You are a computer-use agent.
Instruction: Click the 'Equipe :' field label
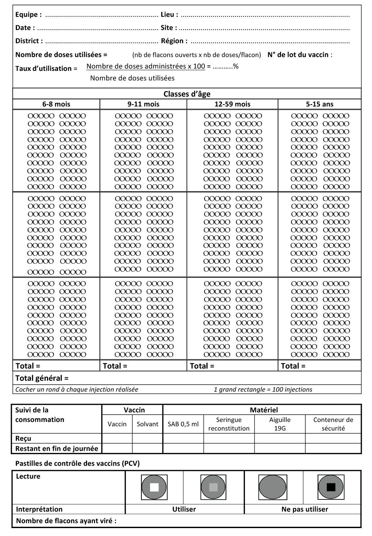(28, 15)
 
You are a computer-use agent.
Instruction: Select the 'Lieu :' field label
(169, 15)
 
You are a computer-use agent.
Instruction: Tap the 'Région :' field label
(174, 41)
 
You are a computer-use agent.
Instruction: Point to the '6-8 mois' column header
(56, 104)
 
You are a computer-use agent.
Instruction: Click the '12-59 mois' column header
(232, 104)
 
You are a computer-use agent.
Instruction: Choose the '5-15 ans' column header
(319, 104)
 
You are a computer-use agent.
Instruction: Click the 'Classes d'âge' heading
(187, 94)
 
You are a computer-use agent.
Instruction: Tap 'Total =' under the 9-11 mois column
(115, 366)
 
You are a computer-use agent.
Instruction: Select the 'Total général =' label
(42, 378)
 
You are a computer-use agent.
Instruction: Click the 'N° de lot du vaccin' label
(298, 55)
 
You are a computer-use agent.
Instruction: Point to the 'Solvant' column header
(147, 424)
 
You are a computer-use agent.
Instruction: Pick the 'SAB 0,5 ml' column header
(183, 424)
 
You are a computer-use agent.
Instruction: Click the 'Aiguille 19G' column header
(280, 424)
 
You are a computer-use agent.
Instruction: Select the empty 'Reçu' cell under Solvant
(147, 438)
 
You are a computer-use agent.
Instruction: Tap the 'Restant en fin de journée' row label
(56, 449)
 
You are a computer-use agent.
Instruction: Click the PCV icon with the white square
(154, 487)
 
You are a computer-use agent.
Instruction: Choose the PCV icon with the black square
(331, 487)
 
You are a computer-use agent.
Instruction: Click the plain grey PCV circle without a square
(272, 487)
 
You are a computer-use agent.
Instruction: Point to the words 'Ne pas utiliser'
(304, 509)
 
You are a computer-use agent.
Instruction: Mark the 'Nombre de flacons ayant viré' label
(66, 521)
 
